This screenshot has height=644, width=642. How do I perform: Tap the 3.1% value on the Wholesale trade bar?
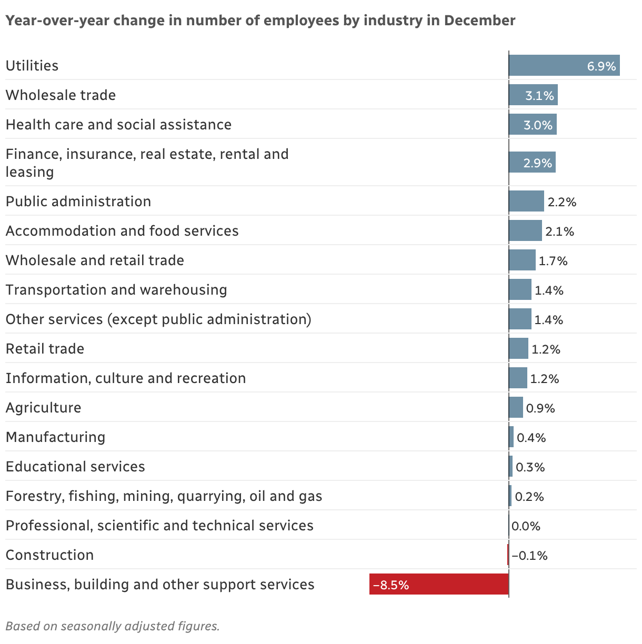point(539,96)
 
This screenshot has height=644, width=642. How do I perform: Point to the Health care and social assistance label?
point(118,125)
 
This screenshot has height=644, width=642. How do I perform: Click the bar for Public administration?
point(526,202)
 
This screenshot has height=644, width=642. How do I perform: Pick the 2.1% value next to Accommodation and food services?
point(559,232)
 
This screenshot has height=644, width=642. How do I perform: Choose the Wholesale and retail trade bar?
point(522,260)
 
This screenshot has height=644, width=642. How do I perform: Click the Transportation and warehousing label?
point(116,290)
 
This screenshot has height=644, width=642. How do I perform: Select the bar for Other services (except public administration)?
point(520,319)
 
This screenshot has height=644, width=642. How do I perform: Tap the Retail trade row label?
point(45,349)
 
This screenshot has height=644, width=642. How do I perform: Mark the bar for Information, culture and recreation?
point(518,378)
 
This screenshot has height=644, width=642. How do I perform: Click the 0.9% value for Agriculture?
point(540,408)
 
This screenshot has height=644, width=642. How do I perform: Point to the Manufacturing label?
point(55,437)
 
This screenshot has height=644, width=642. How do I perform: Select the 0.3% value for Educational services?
point(530,467)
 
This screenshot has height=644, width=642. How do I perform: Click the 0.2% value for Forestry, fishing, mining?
point(529,497)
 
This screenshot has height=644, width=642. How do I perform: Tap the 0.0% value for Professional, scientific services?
point(526,526)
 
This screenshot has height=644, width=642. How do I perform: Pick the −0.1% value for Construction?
point(529,556)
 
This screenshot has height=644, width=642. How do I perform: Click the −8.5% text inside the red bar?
point(390,585)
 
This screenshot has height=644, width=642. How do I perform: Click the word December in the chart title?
point(479,21)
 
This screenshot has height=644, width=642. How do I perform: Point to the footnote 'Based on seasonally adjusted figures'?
point(112,626)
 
